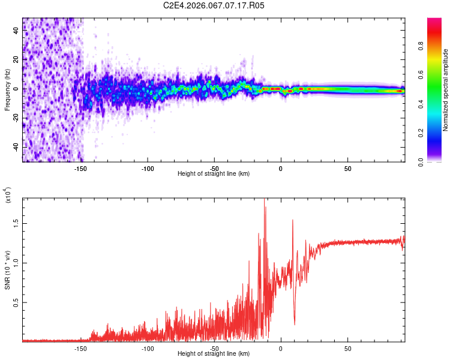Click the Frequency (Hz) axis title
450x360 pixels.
coord(7,89)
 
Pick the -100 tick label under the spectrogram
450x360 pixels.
coord(148,168)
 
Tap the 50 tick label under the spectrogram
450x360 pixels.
coord(347,168)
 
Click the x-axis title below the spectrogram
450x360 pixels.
coord(214,174)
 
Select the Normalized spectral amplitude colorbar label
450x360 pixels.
coord(446,90)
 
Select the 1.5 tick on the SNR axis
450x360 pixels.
coord(17,223)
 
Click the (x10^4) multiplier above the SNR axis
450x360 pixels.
coord(8,195)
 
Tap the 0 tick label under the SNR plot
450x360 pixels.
coord(280,348)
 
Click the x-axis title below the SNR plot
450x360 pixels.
coord(214,353)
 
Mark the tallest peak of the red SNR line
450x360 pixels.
coord(265,200)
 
